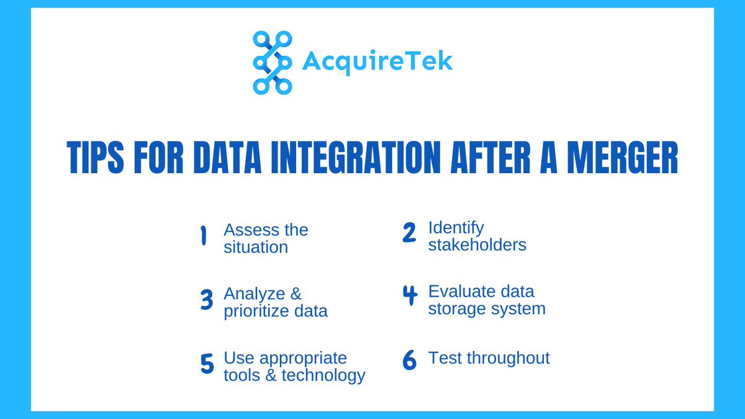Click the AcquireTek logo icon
click(x=272, y=62)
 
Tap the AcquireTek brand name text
click(x=377, y=61)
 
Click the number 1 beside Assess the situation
click(x=203, y=237)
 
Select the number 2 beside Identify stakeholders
click(x=409, y=232)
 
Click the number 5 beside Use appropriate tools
click(x=207, y=364)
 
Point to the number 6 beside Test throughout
click(x=409, y=361)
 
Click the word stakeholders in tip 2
click(x=477, y=245)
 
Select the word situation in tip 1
click(x=256, y=247)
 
